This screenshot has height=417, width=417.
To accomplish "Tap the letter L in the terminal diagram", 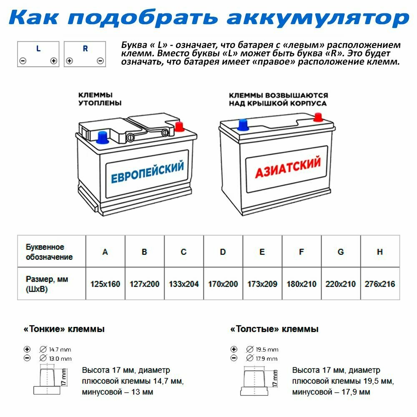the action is click(38, 49).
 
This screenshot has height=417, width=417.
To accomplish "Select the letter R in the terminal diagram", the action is click(85, 49).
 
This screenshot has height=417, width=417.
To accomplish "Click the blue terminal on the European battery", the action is click(101, 137).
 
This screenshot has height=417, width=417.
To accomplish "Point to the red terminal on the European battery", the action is click(180, 126).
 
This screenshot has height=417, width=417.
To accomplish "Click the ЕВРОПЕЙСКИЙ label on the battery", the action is click(147, 172).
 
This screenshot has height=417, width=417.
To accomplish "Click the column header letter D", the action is click(223, 252).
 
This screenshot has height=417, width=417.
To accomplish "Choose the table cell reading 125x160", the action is click(105, 284).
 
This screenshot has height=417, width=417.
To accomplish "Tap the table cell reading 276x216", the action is click(379, 284).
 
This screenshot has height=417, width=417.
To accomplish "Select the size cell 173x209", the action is click(262, 284).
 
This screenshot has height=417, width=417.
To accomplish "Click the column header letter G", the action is click(341, 252).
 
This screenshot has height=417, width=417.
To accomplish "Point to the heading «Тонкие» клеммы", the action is click(64, 329).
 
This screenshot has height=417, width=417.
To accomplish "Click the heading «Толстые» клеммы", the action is click(274, 329).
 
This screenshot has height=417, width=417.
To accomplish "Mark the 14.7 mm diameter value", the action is click(60, 349).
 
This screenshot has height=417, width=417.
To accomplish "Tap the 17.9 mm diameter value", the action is click(267, 359).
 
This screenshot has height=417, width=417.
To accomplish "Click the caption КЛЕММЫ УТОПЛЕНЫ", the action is click(100, 99).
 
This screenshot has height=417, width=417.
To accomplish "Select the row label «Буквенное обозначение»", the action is click(49, 252).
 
